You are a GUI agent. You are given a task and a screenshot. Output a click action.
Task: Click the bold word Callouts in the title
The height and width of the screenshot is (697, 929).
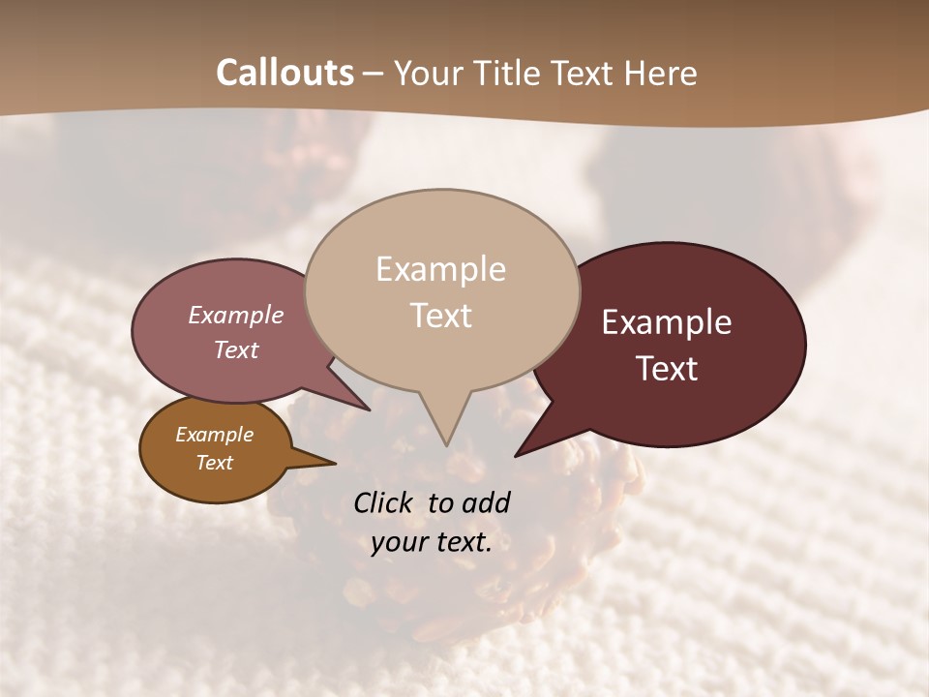(285, 73)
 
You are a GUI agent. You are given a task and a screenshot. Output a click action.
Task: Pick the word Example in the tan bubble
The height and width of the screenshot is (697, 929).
(440, 269)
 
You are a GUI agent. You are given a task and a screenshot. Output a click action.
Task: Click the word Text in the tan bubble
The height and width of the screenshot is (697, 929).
(441, 316)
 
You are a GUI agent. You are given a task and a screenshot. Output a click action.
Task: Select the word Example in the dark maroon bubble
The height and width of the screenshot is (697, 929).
(667, 322)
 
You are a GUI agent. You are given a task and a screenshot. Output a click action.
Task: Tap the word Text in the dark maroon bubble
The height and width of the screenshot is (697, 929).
(668, 369)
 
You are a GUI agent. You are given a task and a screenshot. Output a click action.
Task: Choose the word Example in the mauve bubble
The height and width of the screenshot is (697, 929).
(236, 315)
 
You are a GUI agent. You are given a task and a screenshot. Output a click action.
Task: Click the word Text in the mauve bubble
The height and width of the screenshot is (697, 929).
(236, 349)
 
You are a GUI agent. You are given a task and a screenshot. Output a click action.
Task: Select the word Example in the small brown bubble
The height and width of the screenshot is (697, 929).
(214, 435)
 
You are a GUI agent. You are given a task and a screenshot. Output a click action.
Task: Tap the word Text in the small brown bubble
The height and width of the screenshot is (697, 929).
(215, 463)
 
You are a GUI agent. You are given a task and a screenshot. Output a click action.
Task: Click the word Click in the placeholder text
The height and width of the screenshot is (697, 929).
(386, 502)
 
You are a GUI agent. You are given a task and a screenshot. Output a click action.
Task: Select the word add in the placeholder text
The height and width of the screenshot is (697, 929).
(486, 502)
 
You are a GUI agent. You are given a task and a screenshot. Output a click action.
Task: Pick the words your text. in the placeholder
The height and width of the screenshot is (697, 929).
(432, 542)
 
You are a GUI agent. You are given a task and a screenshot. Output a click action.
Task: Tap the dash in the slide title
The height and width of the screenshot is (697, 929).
(374, 73)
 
